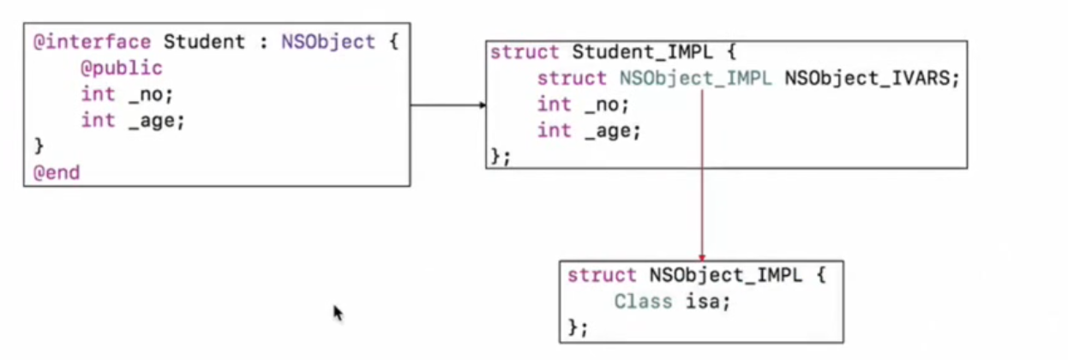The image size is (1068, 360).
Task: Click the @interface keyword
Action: [x=92, y=42]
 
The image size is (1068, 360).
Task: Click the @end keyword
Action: [x=57, y=172]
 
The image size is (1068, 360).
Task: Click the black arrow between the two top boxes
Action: [x=447, y=105]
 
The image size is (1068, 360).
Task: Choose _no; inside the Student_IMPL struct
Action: [x=607, y=105]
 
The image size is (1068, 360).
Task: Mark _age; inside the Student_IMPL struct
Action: [x=613, y=131]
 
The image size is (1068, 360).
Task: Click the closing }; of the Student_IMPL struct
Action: [x=500, y=156]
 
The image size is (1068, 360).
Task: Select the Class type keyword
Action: [x=638, y=302]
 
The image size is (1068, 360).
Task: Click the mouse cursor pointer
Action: [x=338, y=313]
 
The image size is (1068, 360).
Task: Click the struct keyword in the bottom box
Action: [x=603, y=276]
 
